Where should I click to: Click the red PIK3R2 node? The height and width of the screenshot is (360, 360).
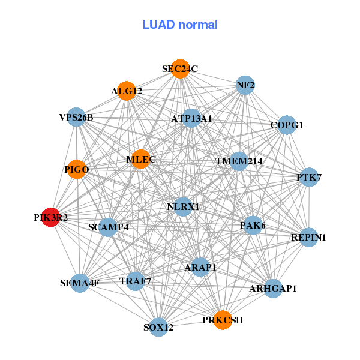click(x=51, y=217)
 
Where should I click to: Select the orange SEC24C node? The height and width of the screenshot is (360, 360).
click(x=180, y=69)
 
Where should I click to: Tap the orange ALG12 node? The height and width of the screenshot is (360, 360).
click(x=127, y=91)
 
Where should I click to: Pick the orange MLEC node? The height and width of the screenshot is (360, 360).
click(x=141, y=160)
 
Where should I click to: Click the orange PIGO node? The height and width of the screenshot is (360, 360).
click(x=77, y=170)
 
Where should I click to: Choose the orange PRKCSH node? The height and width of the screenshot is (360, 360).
click(x=223, y=320)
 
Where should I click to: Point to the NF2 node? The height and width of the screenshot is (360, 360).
click(x=245, y=85)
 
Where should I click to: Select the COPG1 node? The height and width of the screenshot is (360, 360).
click(x=287, y=125)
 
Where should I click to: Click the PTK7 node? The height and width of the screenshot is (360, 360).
click(x=309, y=177)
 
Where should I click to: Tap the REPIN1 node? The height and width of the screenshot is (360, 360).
click(x=308, y=238)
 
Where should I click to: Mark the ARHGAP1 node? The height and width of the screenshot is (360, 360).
click(x=273, y=289)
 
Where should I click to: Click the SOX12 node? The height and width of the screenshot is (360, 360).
click(x=158, y=327)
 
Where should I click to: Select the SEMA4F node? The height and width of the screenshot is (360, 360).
click(x=80, y=283)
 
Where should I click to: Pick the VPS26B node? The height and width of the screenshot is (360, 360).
click(x=76, y=117)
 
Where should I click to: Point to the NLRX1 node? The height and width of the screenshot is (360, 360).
click(x=183, y=207)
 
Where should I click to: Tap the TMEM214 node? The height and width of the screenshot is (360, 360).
click(x=239, y=161)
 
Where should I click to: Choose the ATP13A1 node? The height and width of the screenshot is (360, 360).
click(x=191, y=119)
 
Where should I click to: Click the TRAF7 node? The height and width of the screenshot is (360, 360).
click(x=135, y=281)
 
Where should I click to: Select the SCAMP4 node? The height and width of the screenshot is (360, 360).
click(x=108, y=227)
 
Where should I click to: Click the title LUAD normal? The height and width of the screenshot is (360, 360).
click(x=180, y=25)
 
